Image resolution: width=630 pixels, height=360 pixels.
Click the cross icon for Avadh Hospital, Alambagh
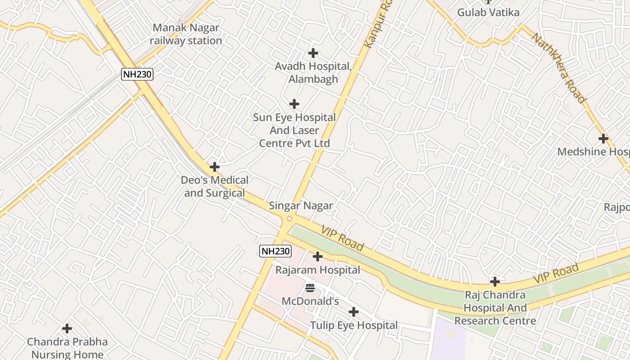(x=313, y=53)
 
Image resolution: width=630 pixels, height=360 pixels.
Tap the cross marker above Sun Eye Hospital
(x=294, y=104)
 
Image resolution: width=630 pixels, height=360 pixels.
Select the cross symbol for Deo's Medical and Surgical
(x=215, y=167)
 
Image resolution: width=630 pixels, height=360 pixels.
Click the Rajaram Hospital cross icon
(x=318, y=256)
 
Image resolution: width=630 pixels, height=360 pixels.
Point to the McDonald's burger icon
(x=310, y=288)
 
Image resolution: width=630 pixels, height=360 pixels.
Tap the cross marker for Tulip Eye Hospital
(x=354, y=311)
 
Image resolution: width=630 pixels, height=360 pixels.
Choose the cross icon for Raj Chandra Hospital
(x=495, y=282)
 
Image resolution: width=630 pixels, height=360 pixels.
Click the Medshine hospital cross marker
(x=603, y=139)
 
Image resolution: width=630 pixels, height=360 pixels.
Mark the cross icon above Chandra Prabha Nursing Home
(x=67, y=328)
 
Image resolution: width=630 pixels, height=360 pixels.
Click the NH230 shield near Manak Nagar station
(x=137, y=74)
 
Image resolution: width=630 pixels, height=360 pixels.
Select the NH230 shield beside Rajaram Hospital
(x=275, y=251)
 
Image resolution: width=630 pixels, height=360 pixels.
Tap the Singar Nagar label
(x=301, y=206)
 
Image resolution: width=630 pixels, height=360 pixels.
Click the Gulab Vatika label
(x=488, y=12)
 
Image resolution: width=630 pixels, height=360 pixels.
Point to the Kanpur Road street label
(x=377, y=25)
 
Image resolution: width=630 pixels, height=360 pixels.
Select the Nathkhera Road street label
(x=559, y=68)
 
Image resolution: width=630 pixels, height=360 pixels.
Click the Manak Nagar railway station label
(x=186, y=34)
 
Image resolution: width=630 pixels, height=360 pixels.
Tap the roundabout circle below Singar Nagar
(x=289, y=219)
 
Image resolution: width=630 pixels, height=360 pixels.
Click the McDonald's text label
(x=310, y=301)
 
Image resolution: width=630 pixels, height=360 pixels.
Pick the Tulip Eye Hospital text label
(x=354, y=325)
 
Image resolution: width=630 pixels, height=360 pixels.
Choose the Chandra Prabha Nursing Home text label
(x=67, y=348)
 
